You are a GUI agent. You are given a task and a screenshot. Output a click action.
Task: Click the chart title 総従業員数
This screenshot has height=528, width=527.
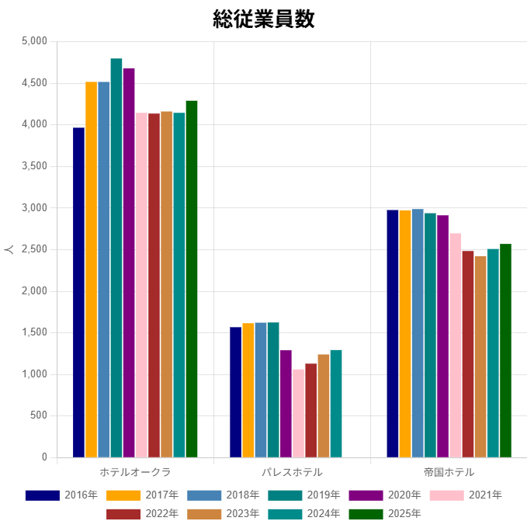coord(263,19)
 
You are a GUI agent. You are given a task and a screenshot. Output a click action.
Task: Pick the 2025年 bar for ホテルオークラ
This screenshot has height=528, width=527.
coord(192,279)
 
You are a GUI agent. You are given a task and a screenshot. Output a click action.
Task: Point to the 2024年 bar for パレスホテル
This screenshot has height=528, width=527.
coord(336,404)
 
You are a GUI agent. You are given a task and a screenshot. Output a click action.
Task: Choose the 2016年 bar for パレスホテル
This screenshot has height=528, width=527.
coord(235,392)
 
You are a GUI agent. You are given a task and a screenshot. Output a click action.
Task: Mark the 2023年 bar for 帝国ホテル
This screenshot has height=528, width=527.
coord(480,356)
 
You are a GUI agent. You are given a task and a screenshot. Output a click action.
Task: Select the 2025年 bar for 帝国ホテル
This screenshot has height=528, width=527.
coord(505,350)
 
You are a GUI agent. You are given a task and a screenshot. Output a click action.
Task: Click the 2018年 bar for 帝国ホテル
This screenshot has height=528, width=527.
coord(418,333)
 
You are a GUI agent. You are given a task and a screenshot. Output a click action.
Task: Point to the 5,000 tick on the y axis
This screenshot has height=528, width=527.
coord(34,41)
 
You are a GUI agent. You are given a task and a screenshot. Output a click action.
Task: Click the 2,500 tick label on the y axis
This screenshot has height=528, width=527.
coord(34,249)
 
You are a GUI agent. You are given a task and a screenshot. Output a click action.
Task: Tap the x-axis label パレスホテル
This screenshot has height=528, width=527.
coord(292,472)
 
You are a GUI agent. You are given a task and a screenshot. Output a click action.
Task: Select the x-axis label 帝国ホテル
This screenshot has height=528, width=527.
coord(449,472)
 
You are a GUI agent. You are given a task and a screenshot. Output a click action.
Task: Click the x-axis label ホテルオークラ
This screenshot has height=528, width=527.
coord(135,472)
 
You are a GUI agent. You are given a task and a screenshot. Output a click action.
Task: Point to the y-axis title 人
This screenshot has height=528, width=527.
coord(9,249)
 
